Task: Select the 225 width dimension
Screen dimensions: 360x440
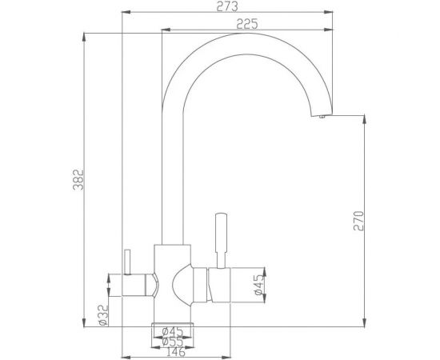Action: coord(246,24)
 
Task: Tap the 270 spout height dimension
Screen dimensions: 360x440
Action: coord(359,220)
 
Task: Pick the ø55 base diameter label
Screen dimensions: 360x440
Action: coord(173,341)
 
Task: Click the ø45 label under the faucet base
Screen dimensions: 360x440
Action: coord(173,331)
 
